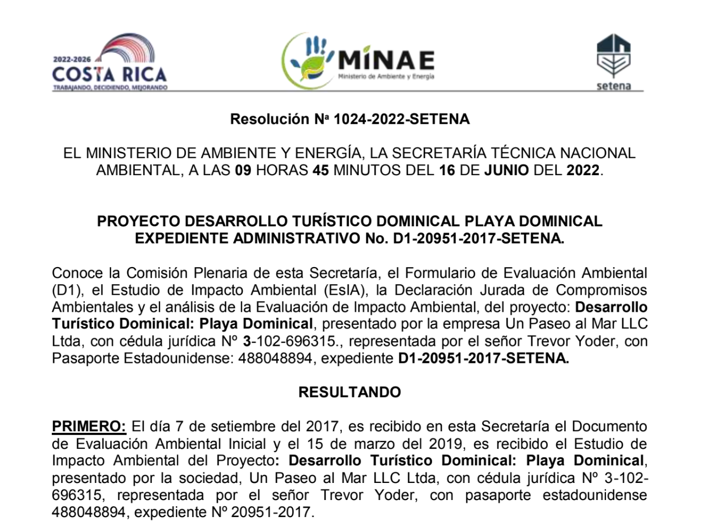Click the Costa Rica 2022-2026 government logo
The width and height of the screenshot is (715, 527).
click(x=110, y=63)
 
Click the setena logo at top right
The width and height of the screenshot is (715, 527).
click(x=613, y=62)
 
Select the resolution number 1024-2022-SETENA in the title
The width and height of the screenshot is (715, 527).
click(x=401, y=119)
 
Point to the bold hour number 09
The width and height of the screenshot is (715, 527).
click(x=243, y=170)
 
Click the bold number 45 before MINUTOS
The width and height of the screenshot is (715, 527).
click(x=320, y=170)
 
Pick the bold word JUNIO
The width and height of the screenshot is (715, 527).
click(x=506, y=170)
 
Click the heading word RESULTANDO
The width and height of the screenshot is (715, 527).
click(x=350, y=392)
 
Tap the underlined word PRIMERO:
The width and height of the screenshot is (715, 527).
click(x=89, y=426)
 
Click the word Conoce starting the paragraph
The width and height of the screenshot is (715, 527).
click(x=78, y=273)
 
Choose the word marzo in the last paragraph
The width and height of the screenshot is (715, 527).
click(x=391, y=443)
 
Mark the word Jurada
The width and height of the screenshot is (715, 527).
click(x=520, y=290)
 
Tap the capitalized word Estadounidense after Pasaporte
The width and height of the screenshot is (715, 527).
click(x=178, y=358)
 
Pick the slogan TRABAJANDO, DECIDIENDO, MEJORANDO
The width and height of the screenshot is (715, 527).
click(x=110, y=88)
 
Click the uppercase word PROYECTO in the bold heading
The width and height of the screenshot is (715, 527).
click(x=138, y=221)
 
